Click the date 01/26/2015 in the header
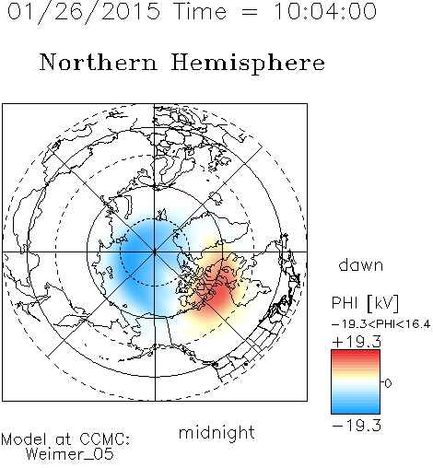(x=84, y=12)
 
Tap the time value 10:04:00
(x=325, y=11)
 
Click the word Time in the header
(x=200, y=11)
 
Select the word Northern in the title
(x=99, y=62)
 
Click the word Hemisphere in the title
(x=248, y=64)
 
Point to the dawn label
(x=361, y=264)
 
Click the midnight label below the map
(x=216, y=432)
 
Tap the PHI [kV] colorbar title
(x=365, y=303)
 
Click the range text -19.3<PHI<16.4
(x=380, y=324)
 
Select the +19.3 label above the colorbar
(x=357, y=342)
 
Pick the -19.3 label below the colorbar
(x=357, y=426)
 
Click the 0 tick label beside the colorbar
(x=388, y=383)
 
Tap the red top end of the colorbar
(x=356, y=352)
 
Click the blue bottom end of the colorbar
(x=356, y=411)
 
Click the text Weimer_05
(x=70, y=454)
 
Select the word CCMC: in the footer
(x=105, y=439)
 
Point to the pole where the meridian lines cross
(x=154, y=252)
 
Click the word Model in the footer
(x=24, y=439)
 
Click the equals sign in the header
(x=250, y=12)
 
